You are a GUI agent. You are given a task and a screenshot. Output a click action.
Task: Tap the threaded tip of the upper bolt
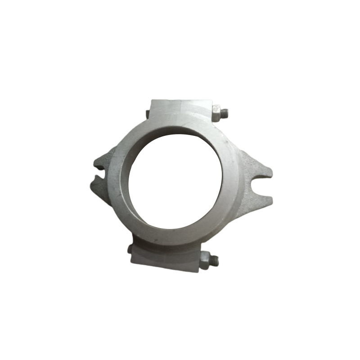pos(225,113)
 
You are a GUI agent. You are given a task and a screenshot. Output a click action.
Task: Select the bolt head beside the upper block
pos(148,114)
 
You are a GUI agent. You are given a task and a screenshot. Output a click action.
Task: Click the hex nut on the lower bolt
pos(205,260)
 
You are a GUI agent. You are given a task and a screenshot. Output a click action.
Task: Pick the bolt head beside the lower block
pos(130,249)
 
